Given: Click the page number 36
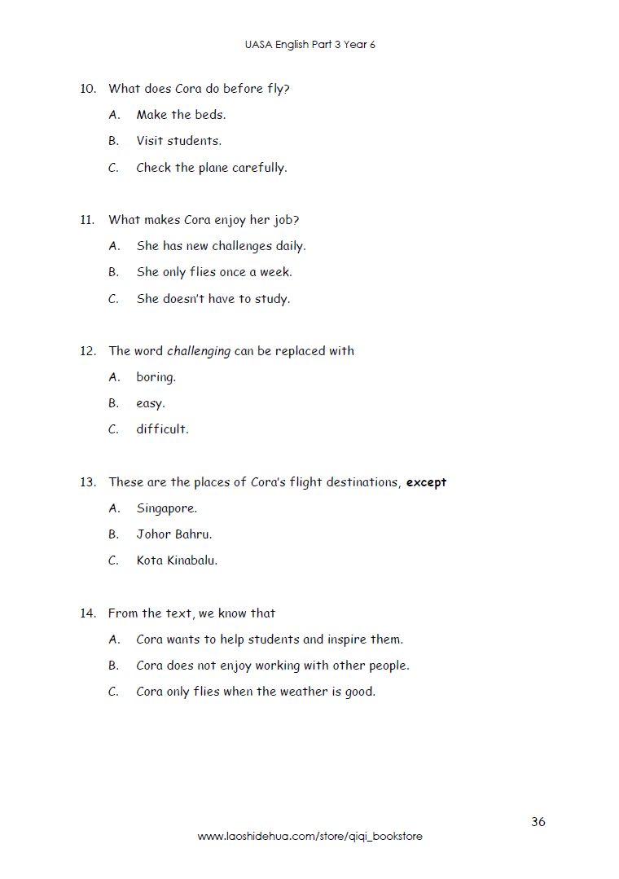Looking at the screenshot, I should pyautogui.click(x=538, y=821).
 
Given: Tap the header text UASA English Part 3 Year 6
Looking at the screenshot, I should pyautogui.click(x=309, y=45).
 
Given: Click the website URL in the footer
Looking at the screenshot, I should pyautogui.click(x=309, y=837).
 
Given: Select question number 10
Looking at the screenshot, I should pyautogui.click(x=88, y=89).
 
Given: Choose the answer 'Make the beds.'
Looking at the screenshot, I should pyautogui.click(x=181, y=115).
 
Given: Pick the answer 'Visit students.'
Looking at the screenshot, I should pyautogui.click(x=178, y=141).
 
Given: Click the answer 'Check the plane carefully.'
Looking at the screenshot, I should pyautogui.click(x=211, y=168).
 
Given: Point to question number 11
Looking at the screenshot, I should pyautogui.click(x=88, y=220).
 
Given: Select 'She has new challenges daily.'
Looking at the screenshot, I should pyautogui.click(x=221, y=246).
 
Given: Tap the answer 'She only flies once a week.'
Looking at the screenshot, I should pyautogui.click(x=214, y=272).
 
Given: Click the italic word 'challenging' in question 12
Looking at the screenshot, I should pyautogui.click(x=199, y=351).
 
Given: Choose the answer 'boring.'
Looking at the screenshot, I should pyautogui.click(x=156, y=377).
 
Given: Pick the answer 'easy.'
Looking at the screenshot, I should pyautogui.click(x=150, y=403).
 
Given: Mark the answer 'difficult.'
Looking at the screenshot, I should pyautogui.click(x=162, y=429).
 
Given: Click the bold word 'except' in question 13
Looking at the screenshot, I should pyautogui.click(x=426, y=482).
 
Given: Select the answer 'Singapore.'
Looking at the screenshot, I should pyautogui.click(x=166, y=508).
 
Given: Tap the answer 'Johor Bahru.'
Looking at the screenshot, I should pyautogui.click(x=173, y=534).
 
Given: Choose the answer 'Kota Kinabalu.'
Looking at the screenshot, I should pyautogui.click(x=177, y=560).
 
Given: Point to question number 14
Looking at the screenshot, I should pyautogui.click(x=88, y=613).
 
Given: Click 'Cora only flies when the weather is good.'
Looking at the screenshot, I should pyautogui.click(x=256, y=692).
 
